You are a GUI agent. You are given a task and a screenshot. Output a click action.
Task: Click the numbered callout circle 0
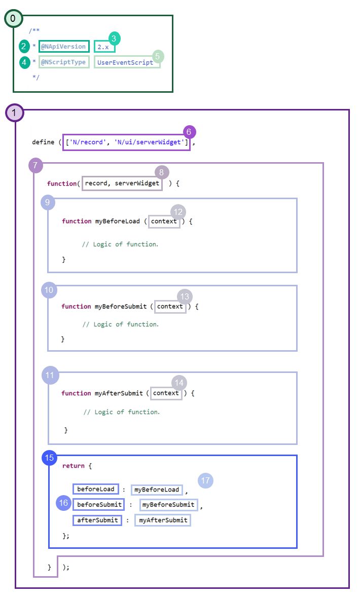[x=13, y=19]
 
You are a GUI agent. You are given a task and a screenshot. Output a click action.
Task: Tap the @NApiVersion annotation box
[x=64, y=47]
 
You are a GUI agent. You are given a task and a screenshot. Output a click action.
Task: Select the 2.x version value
[x=104, y=47]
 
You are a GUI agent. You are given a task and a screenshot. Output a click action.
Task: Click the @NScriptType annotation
[x=64, y=62]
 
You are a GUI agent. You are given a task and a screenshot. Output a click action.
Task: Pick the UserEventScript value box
[x=126, y=62]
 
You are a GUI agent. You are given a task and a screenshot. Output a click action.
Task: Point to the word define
[x=43, y=142]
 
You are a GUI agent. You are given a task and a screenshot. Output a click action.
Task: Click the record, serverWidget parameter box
[x=122, y=183]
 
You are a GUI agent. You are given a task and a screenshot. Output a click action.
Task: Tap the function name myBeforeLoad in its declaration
[x=117, y=221]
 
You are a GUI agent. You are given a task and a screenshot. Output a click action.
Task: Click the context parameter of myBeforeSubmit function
[x=170, y=306]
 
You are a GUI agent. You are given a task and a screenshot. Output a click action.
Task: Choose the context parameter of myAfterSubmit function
[x=166, y=393]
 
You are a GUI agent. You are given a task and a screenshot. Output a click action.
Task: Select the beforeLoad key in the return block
[x=96, y=489]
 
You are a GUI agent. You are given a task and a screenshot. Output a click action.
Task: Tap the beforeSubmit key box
[x=99, y=504]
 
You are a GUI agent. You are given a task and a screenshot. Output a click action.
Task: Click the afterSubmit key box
[x=97, y=520]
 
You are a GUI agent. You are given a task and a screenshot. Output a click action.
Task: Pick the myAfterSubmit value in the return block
[x=163, y=520]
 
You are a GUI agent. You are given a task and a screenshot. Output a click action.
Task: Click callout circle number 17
[x=205, y=480]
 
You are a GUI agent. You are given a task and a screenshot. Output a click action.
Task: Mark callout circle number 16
[x=63, y=503]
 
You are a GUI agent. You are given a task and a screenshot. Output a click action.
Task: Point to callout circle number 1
[x=14, y=113]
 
